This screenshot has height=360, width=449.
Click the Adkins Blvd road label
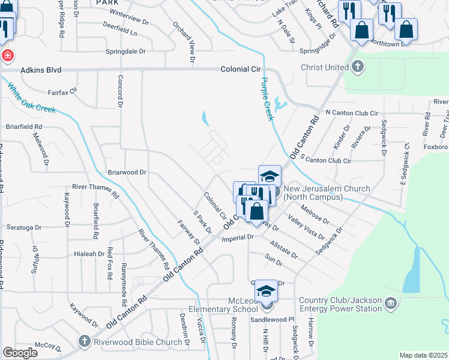click(41, 70)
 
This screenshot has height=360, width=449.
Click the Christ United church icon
click(358, 67)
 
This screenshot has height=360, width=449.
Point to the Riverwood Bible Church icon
click(85, 342)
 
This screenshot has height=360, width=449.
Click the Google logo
click(20, 353)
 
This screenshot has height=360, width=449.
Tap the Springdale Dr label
click(125, 52)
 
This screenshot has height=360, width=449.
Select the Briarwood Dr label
click(127, 172)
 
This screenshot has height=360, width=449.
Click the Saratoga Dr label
click(23, 227)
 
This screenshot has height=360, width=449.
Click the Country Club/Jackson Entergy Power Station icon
click(391, 304)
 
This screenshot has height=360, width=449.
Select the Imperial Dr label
click(238, 238)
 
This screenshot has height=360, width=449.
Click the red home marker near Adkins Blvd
click(7, 56)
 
